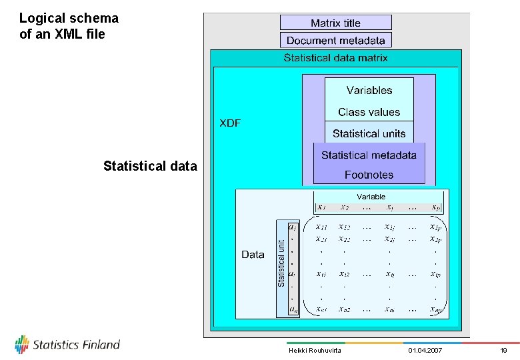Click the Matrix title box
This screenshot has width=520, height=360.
click(335, 23)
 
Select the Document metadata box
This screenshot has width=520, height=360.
click(335, 41)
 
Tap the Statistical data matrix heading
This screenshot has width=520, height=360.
click(335, 58)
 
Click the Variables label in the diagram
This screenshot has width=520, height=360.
click(369, 90)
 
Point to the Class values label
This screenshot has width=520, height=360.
click(369, 112)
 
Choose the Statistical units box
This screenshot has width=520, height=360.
click(369, 133)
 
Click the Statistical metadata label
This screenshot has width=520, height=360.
click(369, 155)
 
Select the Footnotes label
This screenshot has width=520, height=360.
click(369, 175)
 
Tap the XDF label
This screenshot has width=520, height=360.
click(230, 123)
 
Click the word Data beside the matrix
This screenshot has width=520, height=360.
click(253, 254)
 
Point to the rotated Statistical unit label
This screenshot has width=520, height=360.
click(281, 263)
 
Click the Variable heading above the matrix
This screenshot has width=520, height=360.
click(371, 197)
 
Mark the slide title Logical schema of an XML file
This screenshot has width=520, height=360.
click(69, 26)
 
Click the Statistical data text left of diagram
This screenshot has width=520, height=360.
click(150, 166)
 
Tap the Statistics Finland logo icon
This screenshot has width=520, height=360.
click(22, 344)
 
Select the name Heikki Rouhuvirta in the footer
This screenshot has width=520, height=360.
click(315, 350)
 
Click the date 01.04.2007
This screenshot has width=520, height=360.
click(424, 350)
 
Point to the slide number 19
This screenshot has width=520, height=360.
click(503, 350)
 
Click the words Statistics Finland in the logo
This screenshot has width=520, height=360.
click(76, 345)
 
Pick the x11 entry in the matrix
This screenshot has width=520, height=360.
click(321, 227)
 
